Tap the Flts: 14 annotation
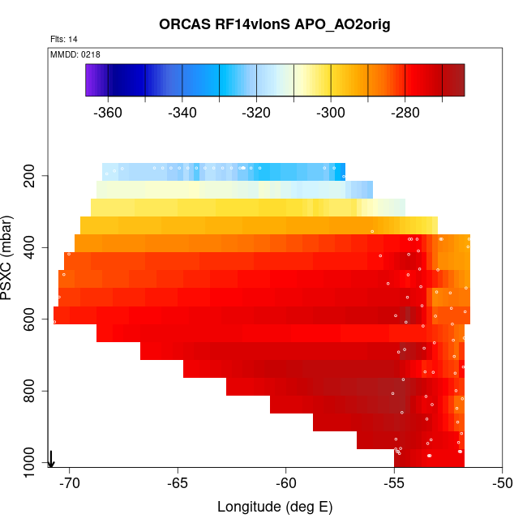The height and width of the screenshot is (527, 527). [64, 39]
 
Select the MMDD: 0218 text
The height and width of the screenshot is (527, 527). [75, 54]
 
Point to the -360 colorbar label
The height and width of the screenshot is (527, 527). [108, 113]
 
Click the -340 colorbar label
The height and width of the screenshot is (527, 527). [182, 113]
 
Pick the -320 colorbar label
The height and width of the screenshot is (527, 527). [257, 113]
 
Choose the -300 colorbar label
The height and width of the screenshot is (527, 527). [331, 113]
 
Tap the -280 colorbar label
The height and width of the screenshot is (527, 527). [405, 113]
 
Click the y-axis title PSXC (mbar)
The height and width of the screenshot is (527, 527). [10, 258]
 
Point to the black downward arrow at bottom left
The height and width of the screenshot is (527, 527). [51, 459]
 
